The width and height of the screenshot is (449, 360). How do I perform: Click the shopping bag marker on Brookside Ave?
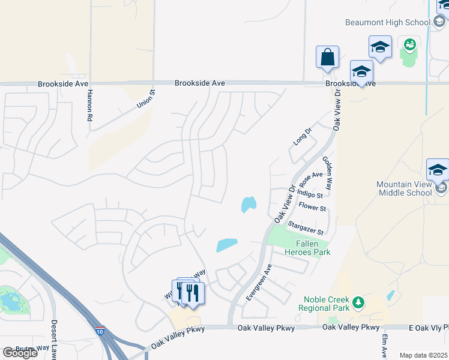click(x=327, y=58)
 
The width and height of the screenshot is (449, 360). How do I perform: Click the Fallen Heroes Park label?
click(x=312, y=248)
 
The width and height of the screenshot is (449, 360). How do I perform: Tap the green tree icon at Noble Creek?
click(x=358, y=302)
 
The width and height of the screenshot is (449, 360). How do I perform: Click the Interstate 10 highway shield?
click(x=99, y=331)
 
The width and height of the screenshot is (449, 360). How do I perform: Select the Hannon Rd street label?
click(x=90, y=106)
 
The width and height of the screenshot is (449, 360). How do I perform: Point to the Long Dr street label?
click(x=303, y=136)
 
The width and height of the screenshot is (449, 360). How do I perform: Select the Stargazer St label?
click(x=306, y=229)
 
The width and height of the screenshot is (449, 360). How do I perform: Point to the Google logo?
click(x=20, y=352)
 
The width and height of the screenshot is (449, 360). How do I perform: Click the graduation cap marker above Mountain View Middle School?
click(x=438, y=170)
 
